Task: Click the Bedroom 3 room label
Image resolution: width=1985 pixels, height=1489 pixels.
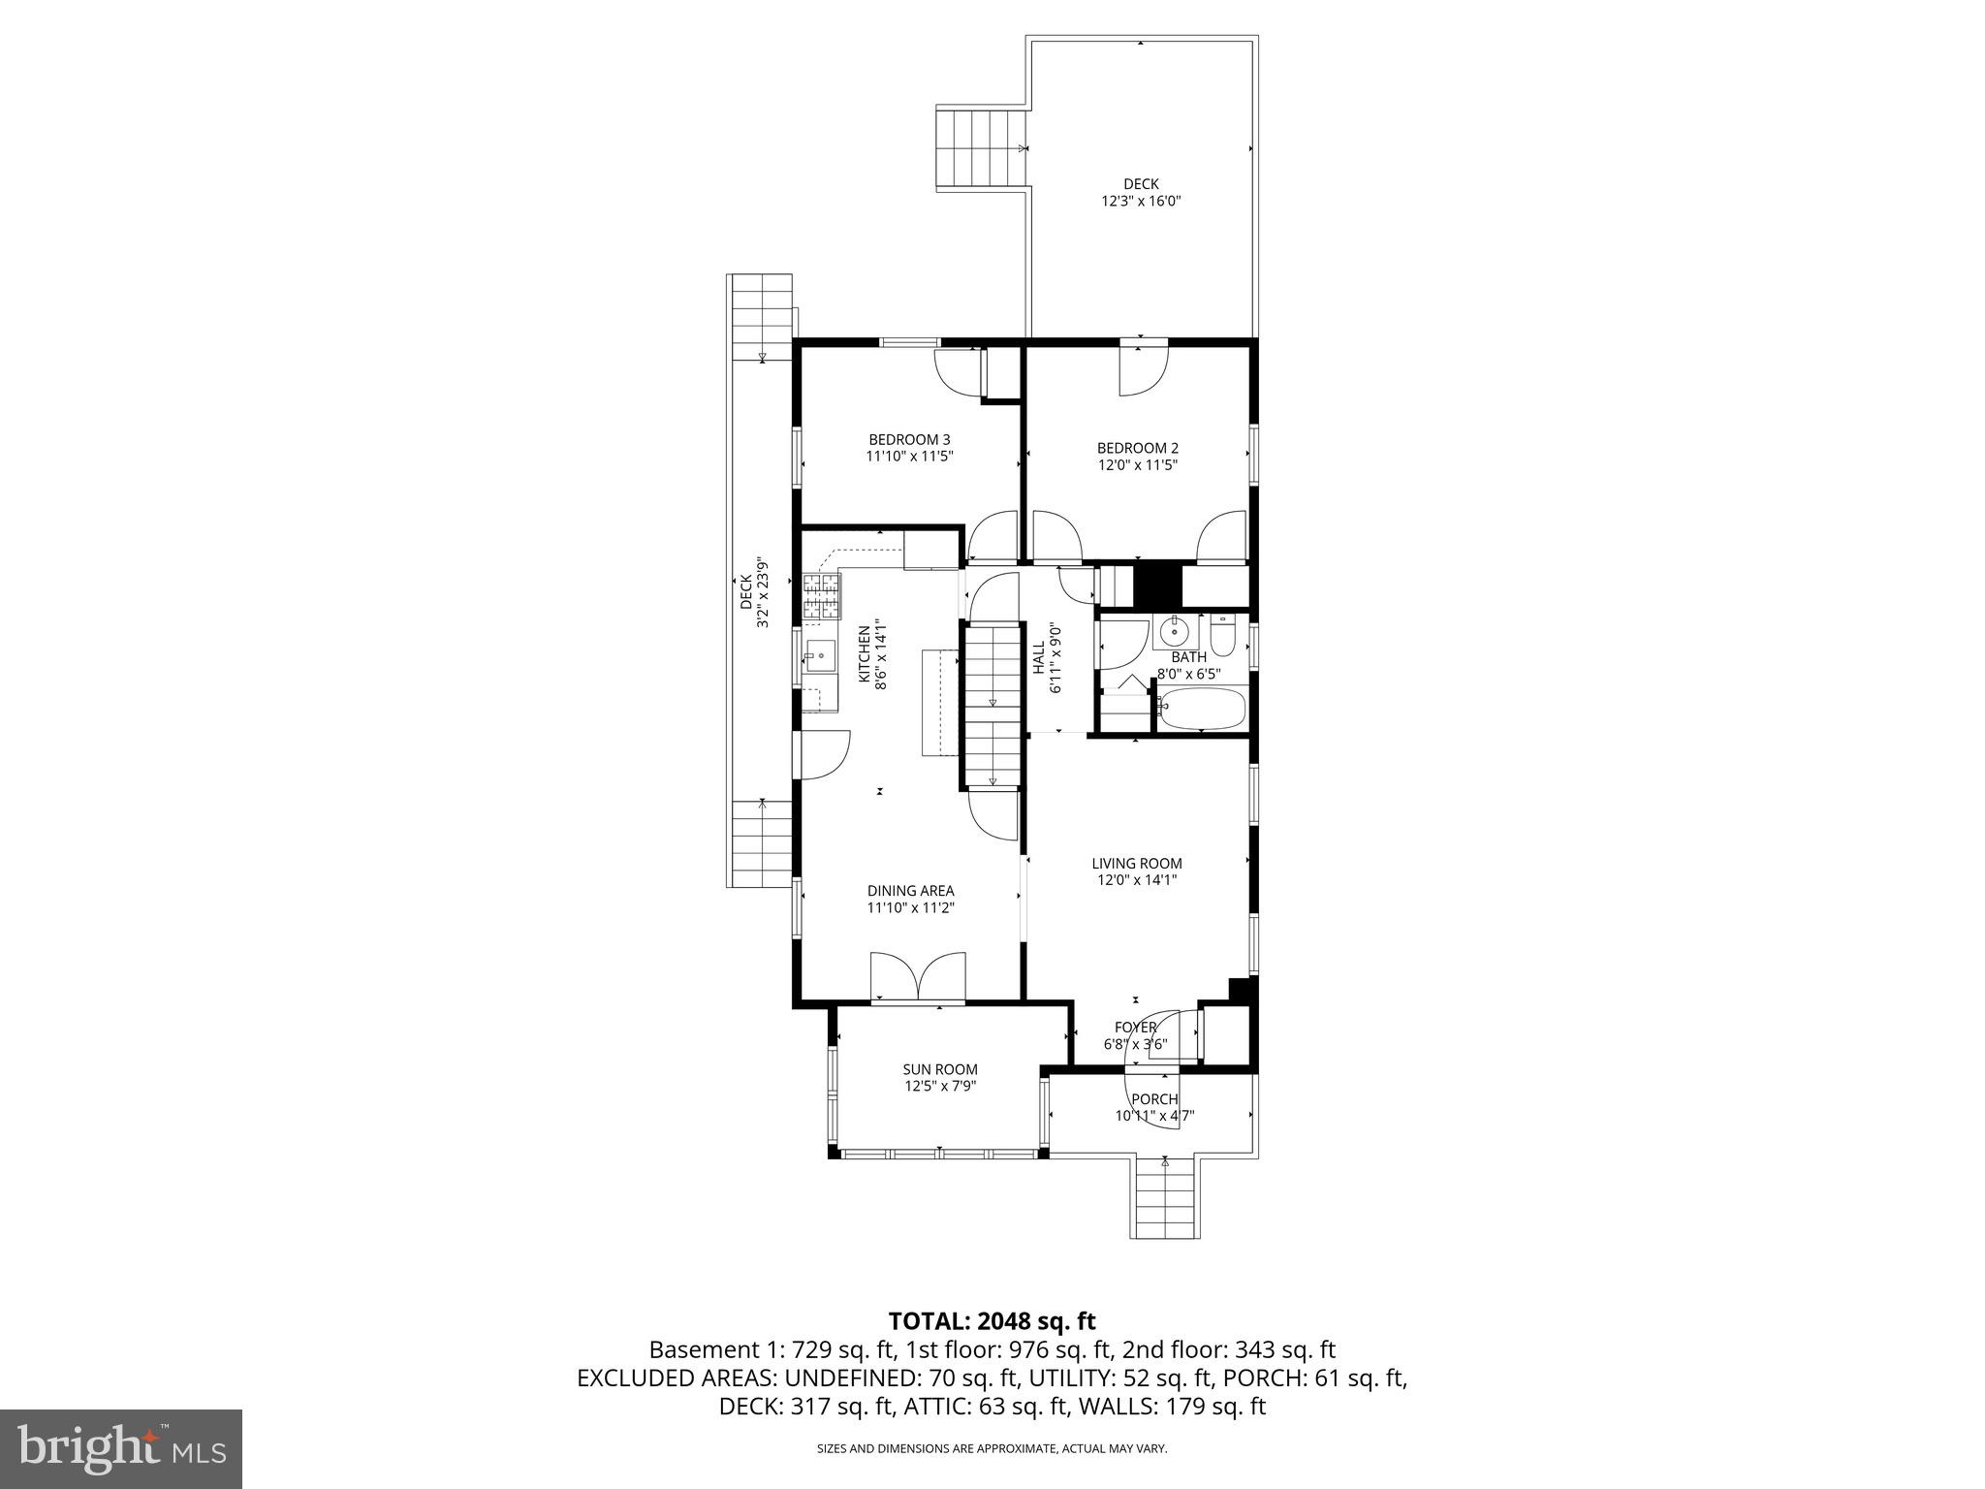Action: pyautogui.click(x=909, y=439)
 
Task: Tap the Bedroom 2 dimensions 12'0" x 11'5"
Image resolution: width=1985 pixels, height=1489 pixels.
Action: pyautogui.click(x=1137, y=464)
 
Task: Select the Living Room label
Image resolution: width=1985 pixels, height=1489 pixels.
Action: pyautogui.click(x=1137, y=863)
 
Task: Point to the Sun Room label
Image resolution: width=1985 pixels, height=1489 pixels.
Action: pyautogui.click(x=940, y=1069)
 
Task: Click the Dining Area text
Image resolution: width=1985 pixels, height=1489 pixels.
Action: pyautogui.click(x=910, y=890)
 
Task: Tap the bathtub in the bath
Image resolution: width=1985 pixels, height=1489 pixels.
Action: pyautogui.click(x=1202, y=710)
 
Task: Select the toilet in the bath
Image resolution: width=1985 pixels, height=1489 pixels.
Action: pyautogui.click(x=1222, y=635)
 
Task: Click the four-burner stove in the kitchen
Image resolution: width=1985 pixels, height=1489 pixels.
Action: pyautogui.click(x=820, y=596)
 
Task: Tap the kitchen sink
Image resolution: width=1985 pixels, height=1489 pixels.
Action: pyautogui.click(x=820, y=656)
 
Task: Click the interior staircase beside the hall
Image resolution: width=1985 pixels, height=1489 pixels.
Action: pyautogui.click(x=992, y=705)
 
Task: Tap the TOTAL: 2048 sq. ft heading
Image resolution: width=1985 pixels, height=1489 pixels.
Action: pyautogui.click(x=992, y=1320)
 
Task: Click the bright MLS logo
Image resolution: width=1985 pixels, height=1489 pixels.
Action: pyautogui.click(x=120, y=1448)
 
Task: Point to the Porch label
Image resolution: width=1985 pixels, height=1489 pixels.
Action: pyautogui.click(x=1154, y=1098)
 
